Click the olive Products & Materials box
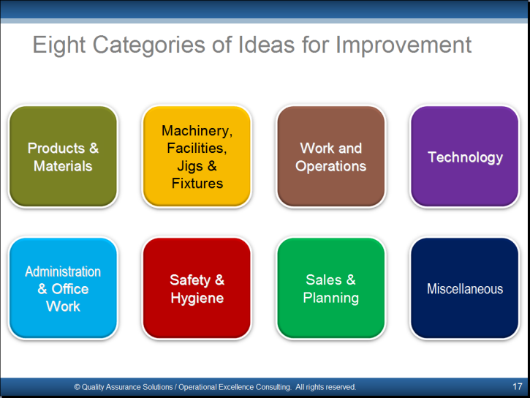(63, 157)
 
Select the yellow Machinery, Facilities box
(197, 157)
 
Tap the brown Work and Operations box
(331, 157)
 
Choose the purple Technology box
(465, 157)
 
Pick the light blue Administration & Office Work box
(63, 288)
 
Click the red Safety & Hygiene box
(197, 288)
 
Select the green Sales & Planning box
(331, 288)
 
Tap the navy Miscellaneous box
(465, 288)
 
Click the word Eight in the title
(59, 45)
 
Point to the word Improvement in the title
(404, 45)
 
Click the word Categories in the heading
(148, 45)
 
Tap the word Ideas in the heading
(266, 45)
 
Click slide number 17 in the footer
(517, 386)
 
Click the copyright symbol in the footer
(77, 387)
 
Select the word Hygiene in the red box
(197, 298)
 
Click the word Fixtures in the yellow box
(197, 184)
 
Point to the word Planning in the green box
(331, 298)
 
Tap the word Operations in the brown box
(331, 166)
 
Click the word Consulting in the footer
(273, 387)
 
